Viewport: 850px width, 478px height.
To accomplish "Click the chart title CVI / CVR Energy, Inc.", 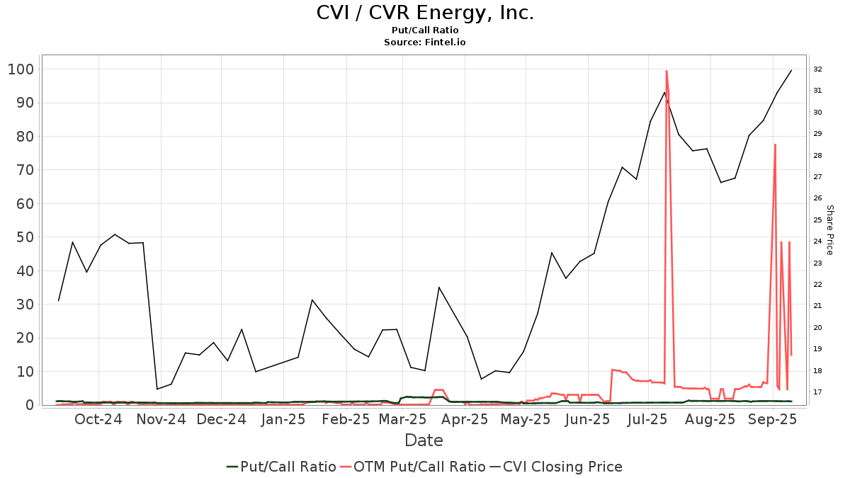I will (x=424, y=13).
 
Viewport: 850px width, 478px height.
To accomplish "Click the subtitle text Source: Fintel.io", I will (x=424, y=42).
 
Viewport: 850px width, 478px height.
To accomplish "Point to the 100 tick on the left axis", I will (x=21, y=69).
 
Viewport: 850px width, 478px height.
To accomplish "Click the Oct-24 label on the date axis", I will (x=98, y=419).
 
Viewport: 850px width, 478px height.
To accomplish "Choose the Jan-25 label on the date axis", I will (x=283, y=419).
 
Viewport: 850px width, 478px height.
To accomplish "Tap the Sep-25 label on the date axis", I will (x=773, y=419).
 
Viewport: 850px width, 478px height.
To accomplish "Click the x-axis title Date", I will (x=424, y=440).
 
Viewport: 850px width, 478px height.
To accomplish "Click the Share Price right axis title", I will (x=829, y=230).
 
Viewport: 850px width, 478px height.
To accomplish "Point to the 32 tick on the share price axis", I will (x=817, y=69).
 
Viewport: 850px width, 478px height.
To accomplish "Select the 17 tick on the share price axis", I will (x=817, y=392).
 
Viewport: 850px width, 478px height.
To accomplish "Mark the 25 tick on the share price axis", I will (x=817, y=220).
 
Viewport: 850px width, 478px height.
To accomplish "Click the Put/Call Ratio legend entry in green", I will (x=281, y=467).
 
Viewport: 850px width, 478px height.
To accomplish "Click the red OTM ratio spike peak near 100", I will (x=667, y=71).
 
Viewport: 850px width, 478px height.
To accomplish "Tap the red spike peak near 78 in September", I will (x=775, y=144).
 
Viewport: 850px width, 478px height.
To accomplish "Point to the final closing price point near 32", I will (x=791, y=70).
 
